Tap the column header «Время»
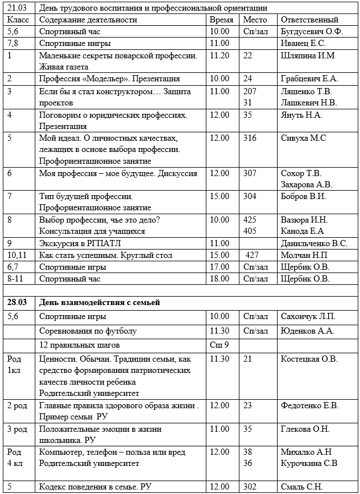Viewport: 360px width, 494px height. (x=221, y=20)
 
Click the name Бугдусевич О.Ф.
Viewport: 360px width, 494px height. (x=312, y=31)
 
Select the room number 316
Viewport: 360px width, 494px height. (x=250, y=138)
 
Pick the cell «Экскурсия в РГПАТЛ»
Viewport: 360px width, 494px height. (x=80, y=243)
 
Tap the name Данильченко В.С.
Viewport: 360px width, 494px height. (x=314, y=243)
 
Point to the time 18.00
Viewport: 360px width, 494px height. (x=219, y=279)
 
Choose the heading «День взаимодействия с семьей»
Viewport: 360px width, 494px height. (x=100, y=303)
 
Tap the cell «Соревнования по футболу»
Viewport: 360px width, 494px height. (x=88, y=331)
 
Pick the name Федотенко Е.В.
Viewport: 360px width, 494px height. (x=311, y=405)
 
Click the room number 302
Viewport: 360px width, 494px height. (x=250, y=487)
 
